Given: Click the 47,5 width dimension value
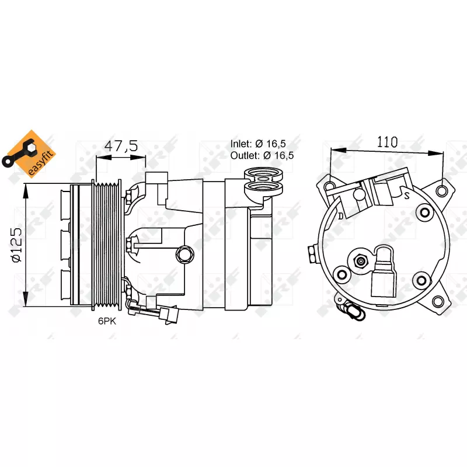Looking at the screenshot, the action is pos(121,146).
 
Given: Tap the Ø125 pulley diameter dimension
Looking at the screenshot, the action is pos(17,245).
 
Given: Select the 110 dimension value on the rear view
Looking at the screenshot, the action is pos(387,142).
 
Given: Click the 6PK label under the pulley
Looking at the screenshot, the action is pos(107,321).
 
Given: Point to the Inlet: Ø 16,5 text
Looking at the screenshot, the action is pos(258,144).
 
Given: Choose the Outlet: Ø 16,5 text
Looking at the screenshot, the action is pos(262,155).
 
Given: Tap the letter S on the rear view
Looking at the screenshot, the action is pos(407,196).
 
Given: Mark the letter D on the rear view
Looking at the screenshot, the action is pos(341,216).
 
